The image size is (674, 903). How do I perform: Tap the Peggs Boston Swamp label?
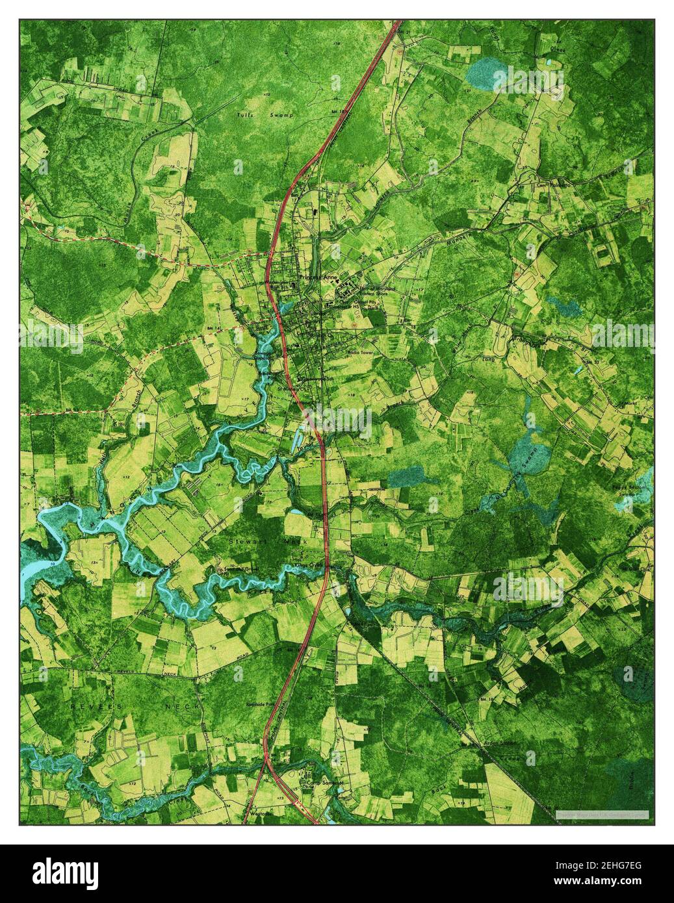pyautogui.click(x=629, y=490)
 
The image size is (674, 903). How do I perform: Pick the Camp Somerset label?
pyautogui.click(x=325, y=783)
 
